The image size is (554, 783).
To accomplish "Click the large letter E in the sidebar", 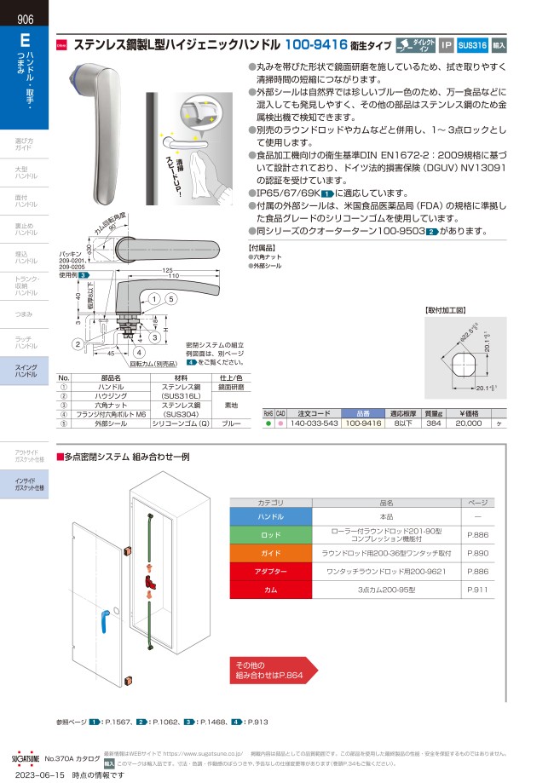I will coord(25,39).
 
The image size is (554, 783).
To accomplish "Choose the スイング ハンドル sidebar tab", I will coord(25,371).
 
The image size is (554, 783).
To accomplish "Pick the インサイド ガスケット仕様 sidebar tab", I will coord(25,484).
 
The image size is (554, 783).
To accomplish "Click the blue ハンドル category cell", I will coord(270,517).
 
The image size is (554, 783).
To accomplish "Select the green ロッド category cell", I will coord(270,535).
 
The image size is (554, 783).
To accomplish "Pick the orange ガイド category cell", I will coord(270,553).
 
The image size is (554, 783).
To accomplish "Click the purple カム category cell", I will coord(270,589).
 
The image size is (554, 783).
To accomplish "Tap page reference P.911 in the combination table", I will coord(476,589).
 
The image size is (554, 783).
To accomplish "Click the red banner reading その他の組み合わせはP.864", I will coord(270,670).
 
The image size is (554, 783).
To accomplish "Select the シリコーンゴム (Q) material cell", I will coord(181,422).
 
